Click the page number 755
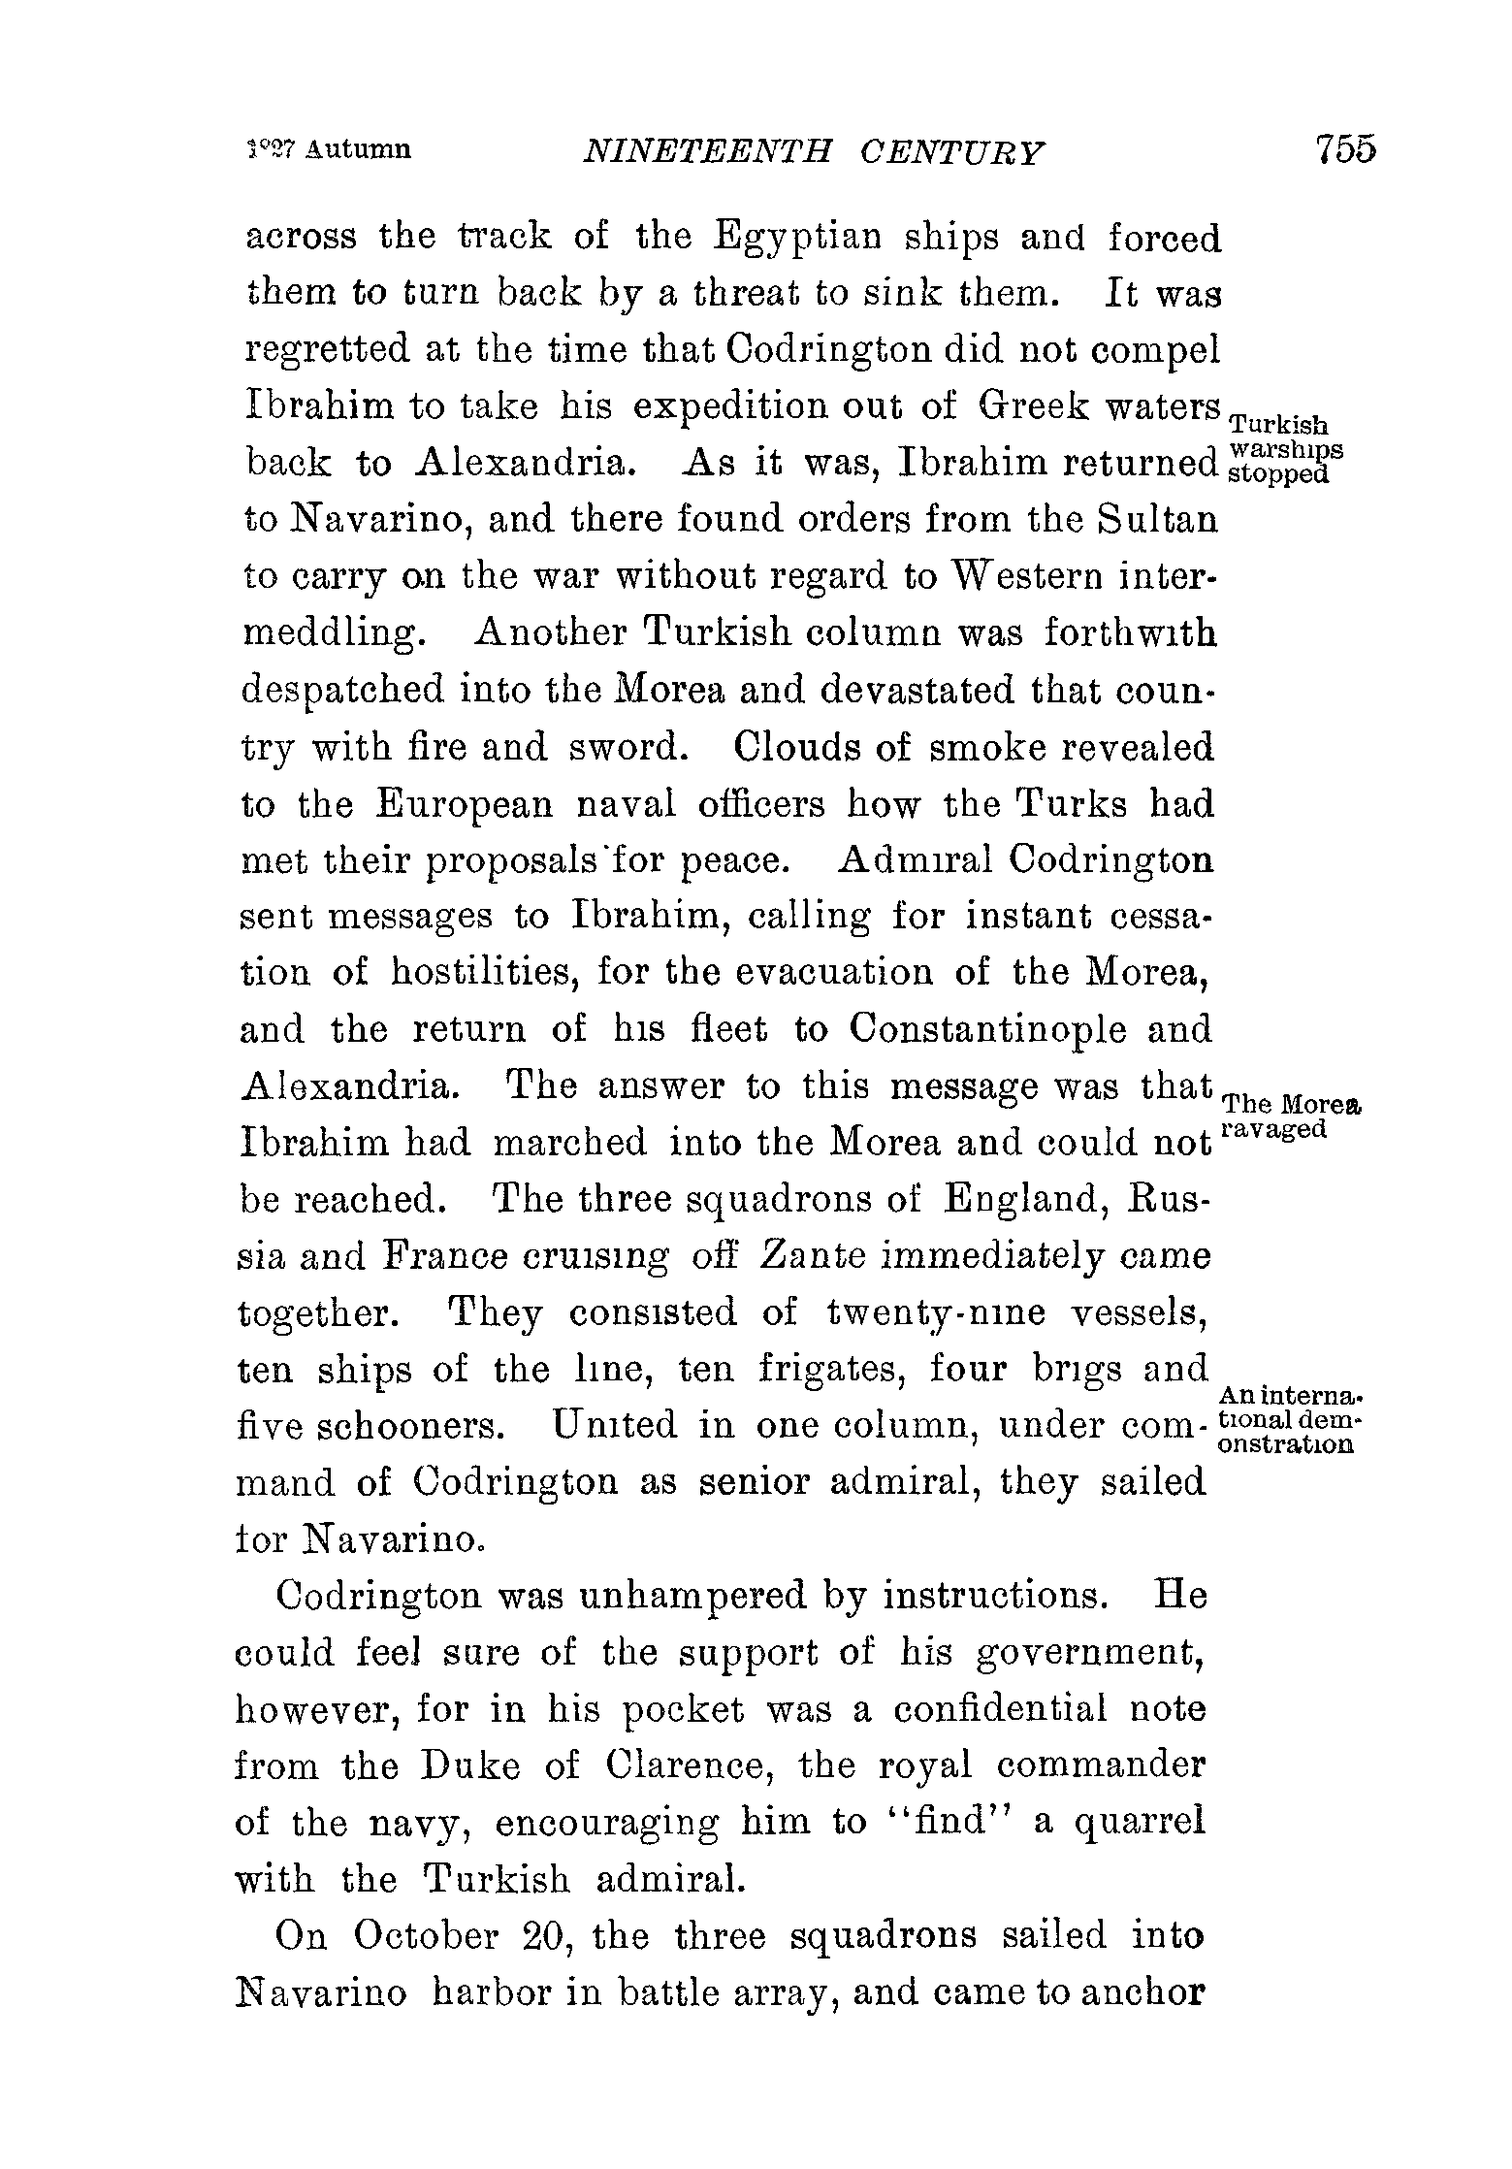[x=1345, y=149]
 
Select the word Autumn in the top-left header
[x=358, y=150]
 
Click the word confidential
[x=1000, y=1709]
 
